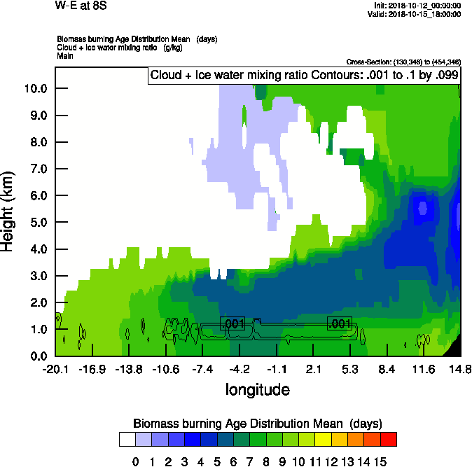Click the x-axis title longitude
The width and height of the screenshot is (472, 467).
(257, 389)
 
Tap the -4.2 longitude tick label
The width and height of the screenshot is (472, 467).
(240, 369)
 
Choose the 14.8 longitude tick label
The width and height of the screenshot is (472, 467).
(459, 369)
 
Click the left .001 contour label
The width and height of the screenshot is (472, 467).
(232, 323)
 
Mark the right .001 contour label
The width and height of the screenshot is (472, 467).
(340, 323)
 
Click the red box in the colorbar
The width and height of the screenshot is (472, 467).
(388, 439)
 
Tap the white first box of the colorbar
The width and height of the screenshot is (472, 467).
(127, 439)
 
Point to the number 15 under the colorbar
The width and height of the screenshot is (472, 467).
(380, 461)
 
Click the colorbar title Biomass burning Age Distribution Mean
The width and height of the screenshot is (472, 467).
(257, 423)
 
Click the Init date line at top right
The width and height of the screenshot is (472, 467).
(418, 6)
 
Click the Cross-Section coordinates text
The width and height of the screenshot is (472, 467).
(403, 62)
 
